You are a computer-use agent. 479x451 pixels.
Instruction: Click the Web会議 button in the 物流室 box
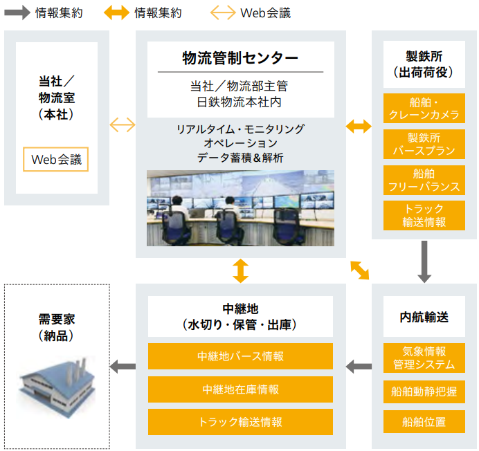[55, 159]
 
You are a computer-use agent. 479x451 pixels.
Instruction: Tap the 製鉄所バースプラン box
[424, 144]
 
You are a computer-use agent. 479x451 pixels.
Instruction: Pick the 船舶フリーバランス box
[424, 180]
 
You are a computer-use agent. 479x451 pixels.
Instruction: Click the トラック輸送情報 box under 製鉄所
[424, 215]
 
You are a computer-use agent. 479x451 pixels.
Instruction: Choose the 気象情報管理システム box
[424, 358]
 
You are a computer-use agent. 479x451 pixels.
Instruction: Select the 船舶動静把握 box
[424, 392]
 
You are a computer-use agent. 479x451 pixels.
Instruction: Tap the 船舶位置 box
[424, 421]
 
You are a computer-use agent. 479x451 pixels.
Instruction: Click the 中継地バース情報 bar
[240, 357]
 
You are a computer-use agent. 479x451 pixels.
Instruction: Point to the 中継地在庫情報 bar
[240, 389]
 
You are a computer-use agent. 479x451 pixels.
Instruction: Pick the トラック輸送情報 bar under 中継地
[240, 422]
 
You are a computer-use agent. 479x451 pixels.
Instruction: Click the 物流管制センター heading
[240, 57]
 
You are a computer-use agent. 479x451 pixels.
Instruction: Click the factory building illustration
[55, 387]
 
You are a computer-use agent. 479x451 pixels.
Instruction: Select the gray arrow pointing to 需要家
[123, 366]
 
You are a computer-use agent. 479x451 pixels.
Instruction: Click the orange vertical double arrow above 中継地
[240, 270]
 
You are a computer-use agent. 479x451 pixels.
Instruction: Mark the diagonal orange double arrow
[360, 270]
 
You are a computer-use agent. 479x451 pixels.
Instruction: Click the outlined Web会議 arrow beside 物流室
[123, 125]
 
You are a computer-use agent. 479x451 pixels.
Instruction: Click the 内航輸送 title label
[424, 317]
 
